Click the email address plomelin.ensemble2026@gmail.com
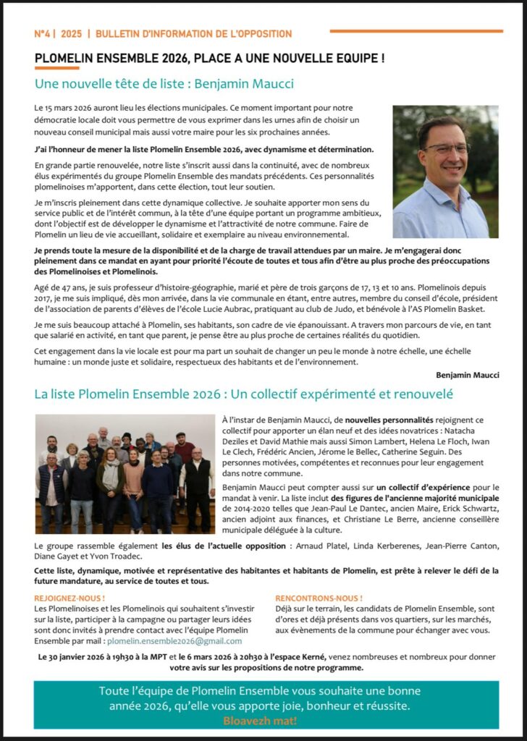pos(174,641)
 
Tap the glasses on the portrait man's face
pos(446,148)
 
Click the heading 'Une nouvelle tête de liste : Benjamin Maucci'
pos(164,83)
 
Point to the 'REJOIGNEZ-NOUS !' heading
pos(69,598)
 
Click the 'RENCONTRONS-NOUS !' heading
pos(319,598)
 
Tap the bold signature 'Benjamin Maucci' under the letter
pos(467,375)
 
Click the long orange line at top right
pos(416,31)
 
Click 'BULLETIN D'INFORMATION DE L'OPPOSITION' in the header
pos(193,34)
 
